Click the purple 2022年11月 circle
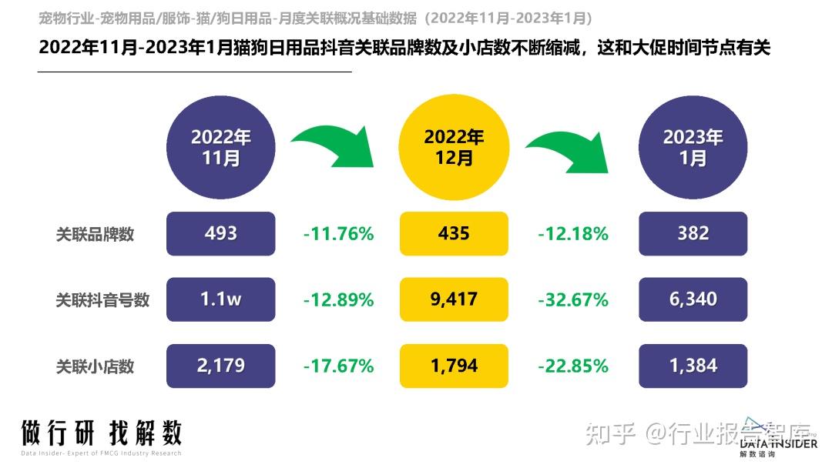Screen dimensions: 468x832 pyautogui.click(x=221, y=147)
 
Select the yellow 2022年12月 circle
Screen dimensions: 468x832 pyautogui.click(x=454, y=147)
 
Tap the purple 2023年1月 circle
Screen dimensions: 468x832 pyautogui.click(x=693, y=147)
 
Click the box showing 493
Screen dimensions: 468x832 pyautogui.click(x=221, y=233)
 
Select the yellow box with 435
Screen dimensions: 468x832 pyautogui.click(x=454, y=233)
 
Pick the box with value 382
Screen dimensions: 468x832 pyautogui.click(x=693, y=233)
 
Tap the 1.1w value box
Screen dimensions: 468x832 pyautogui.click(x=221, y=299)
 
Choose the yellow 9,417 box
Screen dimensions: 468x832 pyautogui.click(x=454, y=299)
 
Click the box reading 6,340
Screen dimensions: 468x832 pyautogui.click(x=693, y=299)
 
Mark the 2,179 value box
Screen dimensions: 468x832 pyautogui.click(x=221, y=366)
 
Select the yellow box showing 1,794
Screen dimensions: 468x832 pyautogui.click(x=454, y=366)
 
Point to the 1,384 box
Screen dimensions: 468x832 pyautogui.click(x=693, y=366)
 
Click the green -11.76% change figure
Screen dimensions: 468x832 pyautogui.click(x=338, y=233)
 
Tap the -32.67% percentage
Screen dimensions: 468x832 pyautogui.click(x=572, y=299)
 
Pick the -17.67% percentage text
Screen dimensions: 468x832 pyautogui.click(x=338, y=366)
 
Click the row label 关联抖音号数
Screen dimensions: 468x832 pyautogui.click(x=102, y=299)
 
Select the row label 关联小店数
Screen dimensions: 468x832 pyautogui.click(x=95, y=366)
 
